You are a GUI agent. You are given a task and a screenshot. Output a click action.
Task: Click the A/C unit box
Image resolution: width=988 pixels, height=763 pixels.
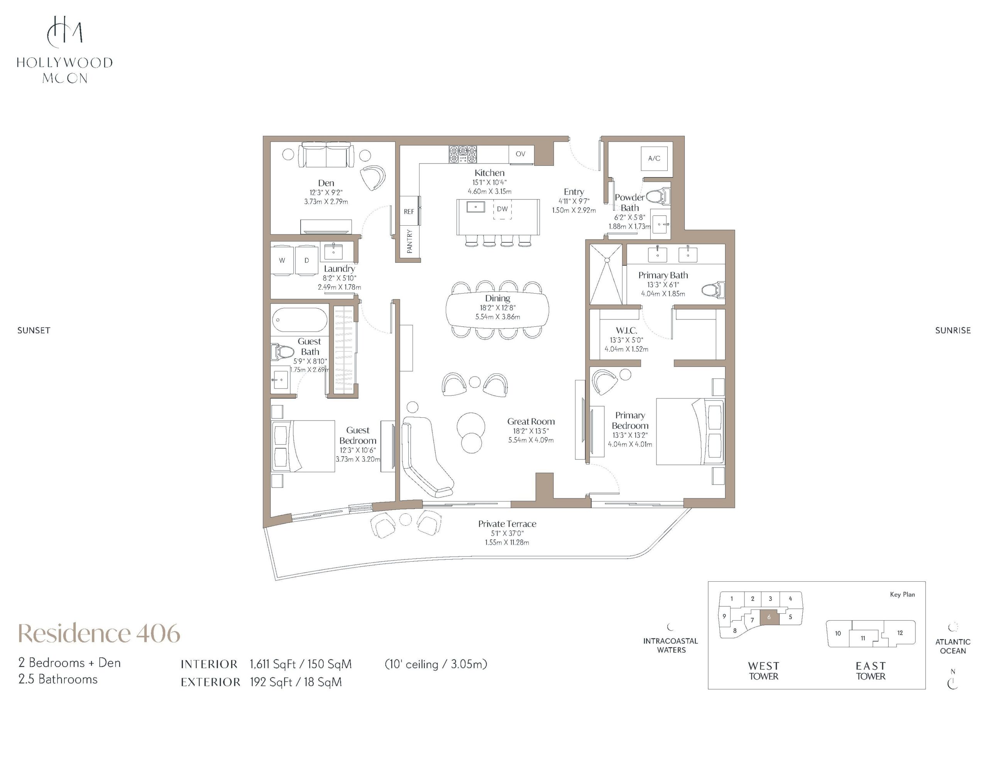click(x=654, y=158)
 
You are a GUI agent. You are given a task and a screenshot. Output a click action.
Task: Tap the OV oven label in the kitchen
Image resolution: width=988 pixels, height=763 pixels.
click(x=521, y=154)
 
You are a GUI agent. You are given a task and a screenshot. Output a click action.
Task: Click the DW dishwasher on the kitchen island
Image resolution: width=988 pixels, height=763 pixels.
click(x=502, y=209)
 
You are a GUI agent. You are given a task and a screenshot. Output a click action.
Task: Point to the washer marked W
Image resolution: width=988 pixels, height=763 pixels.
click(x=282, y=260)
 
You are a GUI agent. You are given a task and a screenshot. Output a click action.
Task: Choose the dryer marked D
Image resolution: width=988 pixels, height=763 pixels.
click(x=307, y=260)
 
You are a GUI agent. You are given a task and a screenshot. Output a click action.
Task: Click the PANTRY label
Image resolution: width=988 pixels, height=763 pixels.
click(x=410, y=241)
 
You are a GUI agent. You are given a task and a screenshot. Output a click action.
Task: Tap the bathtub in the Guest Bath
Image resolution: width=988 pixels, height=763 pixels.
click(x=299, y=320)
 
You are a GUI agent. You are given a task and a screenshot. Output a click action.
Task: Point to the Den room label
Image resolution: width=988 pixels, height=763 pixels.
click(x=326, y=183)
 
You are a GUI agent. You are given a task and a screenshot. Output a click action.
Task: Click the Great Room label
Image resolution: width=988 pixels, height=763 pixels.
click(x=531, y=422)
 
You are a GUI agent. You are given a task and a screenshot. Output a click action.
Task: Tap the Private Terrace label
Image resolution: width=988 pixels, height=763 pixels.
click(x=507, y=524)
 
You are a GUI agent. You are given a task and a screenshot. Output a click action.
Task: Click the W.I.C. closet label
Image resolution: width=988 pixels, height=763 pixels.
click(x=626, y=331)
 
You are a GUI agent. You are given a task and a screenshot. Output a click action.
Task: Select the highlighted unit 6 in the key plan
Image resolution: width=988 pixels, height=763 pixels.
click(x=769, y=617)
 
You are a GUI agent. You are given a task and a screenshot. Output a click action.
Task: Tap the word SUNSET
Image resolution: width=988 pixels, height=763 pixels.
click(x=34, y=331)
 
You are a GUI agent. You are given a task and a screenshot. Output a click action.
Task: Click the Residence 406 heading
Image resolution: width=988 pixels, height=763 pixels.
click(x=99, y=633)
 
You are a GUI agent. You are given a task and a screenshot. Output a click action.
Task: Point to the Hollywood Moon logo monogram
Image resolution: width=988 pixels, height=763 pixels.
click(x=65, y=32)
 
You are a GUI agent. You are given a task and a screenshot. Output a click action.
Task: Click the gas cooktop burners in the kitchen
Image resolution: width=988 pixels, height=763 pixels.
click(x=463, y=154)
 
